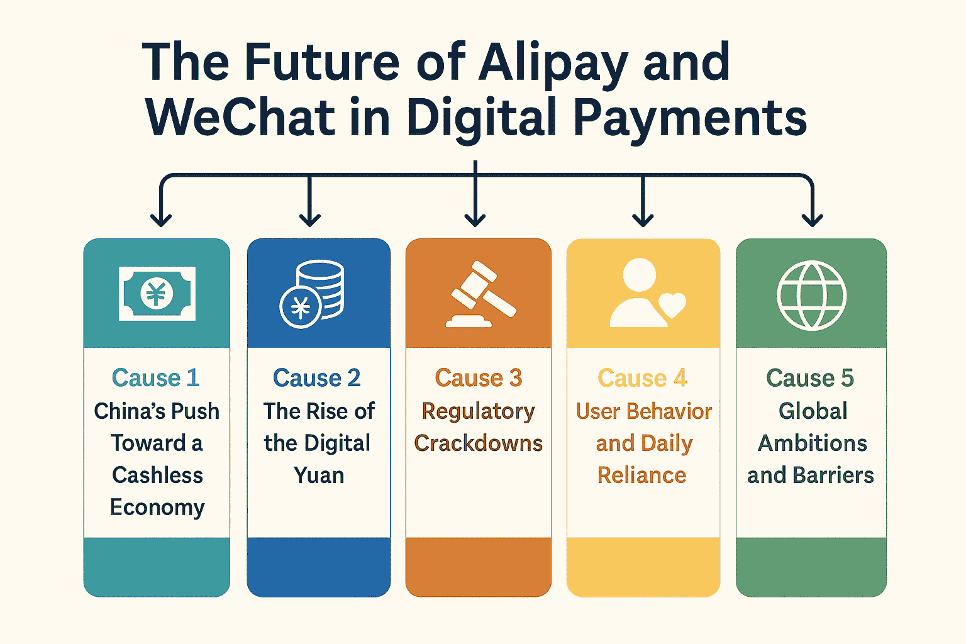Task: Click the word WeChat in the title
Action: click(240, 118)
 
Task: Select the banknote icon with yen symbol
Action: click(157, 294)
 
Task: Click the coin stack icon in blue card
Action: click(312, 294)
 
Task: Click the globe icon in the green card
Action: click(811, 295)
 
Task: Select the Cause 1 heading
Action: click(156, 378)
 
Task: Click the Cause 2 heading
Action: click(317, 378)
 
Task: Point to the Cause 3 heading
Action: click(479, 378)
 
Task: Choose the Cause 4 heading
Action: click(642, 378)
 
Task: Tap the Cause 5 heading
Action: click(810, 378)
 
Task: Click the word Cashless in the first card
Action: click(157, 475)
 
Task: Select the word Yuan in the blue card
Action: click(319, 475)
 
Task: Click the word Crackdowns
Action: click(479, 443)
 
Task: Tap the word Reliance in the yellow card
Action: click(642, 475)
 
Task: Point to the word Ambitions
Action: click(812, 443)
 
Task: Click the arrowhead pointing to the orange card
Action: click(475, 219)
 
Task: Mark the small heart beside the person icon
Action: click(672, 306)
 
